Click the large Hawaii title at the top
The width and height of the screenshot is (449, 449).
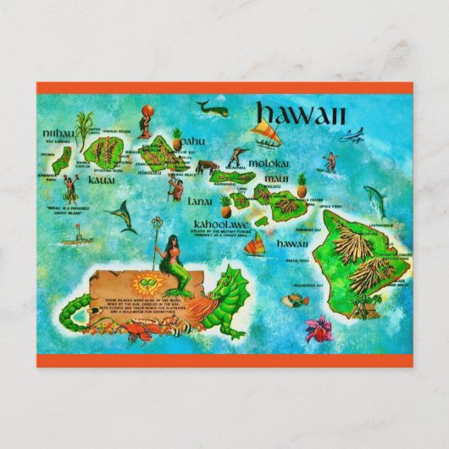click(299, 114)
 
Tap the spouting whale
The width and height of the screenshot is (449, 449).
click(210, 107)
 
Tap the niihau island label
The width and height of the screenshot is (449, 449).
click(57, 132)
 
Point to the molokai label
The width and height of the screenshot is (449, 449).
click(269, 162)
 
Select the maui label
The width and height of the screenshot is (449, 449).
click(274, 179)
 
